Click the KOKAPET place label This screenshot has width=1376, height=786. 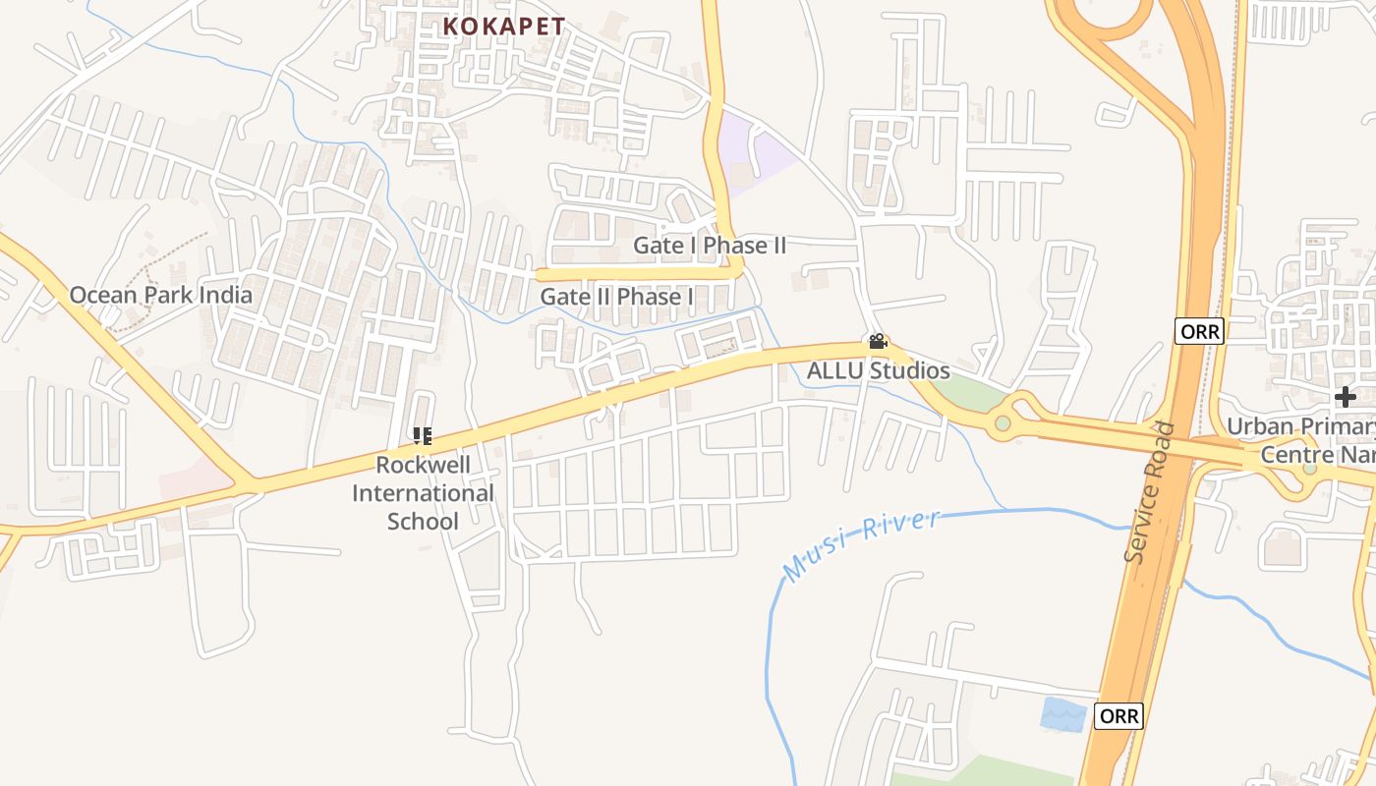coord(503,27)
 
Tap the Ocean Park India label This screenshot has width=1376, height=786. coord(160,295)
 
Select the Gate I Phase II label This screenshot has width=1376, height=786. coord(710,245)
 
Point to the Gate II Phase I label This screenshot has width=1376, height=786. coord(617,297)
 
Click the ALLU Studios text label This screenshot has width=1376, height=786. coord(878,370)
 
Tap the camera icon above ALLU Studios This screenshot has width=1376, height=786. coord(878,342)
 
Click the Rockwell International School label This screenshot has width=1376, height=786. coord(423,492)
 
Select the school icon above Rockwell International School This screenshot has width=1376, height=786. coord(423,435)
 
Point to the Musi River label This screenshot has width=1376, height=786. coord(862,543)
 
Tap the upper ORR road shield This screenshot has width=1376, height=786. coord(1199,331)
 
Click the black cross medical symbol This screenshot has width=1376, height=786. coord(1346,397)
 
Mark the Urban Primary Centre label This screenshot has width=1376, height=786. coord(1300,440)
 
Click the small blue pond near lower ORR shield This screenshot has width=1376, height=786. coord(1062,712)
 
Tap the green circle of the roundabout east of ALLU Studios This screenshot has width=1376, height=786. coord(1003,423)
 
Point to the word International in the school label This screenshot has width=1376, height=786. coord(423,492)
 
